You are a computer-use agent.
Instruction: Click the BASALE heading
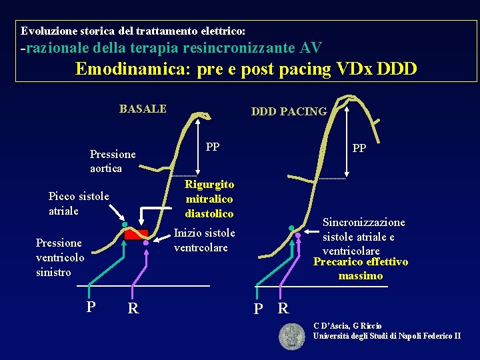(x=143, y=109)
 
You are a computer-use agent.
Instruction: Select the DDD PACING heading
(x=289, y=111)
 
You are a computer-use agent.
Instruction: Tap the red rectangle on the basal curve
(x=137, y=234)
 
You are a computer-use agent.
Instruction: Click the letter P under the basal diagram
(x=91, y=307)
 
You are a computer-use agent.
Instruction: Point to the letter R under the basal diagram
(x=133, y=308)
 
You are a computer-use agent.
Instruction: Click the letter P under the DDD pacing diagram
(x=258, y=309)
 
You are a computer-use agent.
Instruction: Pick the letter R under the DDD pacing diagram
(x=283, y=309)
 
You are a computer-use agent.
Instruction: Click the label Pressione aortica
(x=113, y=161)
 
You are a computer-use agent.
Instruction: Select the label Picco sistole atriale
(x=79, y=203)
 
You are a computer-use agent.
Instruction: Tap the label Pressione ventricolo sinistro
(x=60, y=257)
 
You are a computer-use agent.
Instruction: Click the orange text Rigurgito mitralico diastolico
(x=209, y=199)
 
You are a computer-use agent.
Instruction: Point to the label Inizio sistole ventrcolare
(x=204, y=240)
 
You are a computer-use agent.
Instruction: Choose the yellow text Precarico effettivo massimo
(x=361, y=269)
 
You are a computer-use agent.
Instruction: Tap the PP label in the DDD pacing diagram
(x=359, y=148)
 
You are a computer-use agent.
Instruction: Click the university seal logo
(x=291, y=336)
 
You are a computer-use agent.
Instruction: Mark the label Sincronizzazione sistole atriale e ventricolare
(x=363, y=236)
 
